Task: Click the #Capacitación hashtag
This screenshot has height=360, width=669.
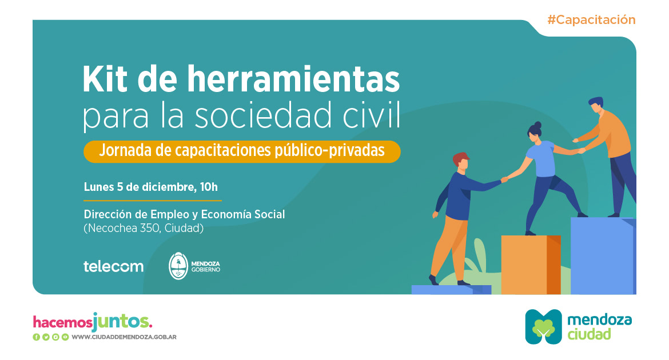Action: pos(591,19)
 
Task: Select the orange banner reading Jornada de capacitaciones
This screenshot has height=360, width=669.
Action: pos(241,151)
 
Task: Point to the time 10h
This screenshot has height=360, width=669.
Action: pos(209,186)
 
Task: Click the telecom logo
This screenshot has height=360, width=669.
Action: pos(113,266)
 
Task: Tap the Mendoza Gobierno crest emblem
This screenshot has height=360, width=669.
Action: pos(179,266)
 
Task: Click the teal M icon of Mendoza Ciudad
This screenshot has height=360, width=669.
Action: pos(543,327)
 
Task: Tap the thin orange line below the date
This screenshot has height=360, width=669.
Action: pos(153,201)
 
